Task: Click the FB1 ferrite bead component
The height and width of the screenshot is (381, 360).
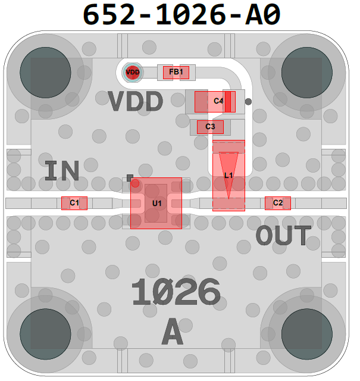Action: tap(176, 73)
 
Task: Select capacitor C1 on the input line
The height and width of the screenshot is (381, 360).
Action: tap(74, 203)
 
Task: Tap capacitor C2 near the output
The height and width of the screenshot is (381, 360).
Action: tap(278, 203)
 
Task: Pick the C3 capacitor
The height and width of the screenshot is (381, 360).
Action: tap(210, 127)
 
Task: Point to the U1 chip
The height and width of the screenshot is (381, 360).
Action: tap(156, 203)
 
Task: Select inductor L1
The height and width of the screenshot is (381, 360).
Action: tap(228, 176)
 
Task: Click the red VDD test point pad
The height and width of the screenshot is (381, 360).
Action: tap(132, 73)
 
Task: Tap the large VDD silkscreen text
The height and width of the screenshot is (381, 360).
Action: tap(136, 102)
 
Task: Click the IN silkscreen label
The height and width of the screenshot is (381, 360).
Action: tap(62, 171)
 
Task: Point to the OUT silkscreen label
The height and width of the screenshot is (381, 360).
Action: tap(283, 236)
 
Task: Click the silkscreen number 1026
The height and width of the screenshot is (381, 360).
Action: tap(176, 293)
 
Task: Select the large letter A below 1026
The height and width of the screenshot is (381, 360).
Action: tap(173, 332)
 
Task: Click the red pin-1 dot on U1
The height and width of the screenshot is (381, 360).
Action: tap(136, 184)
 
